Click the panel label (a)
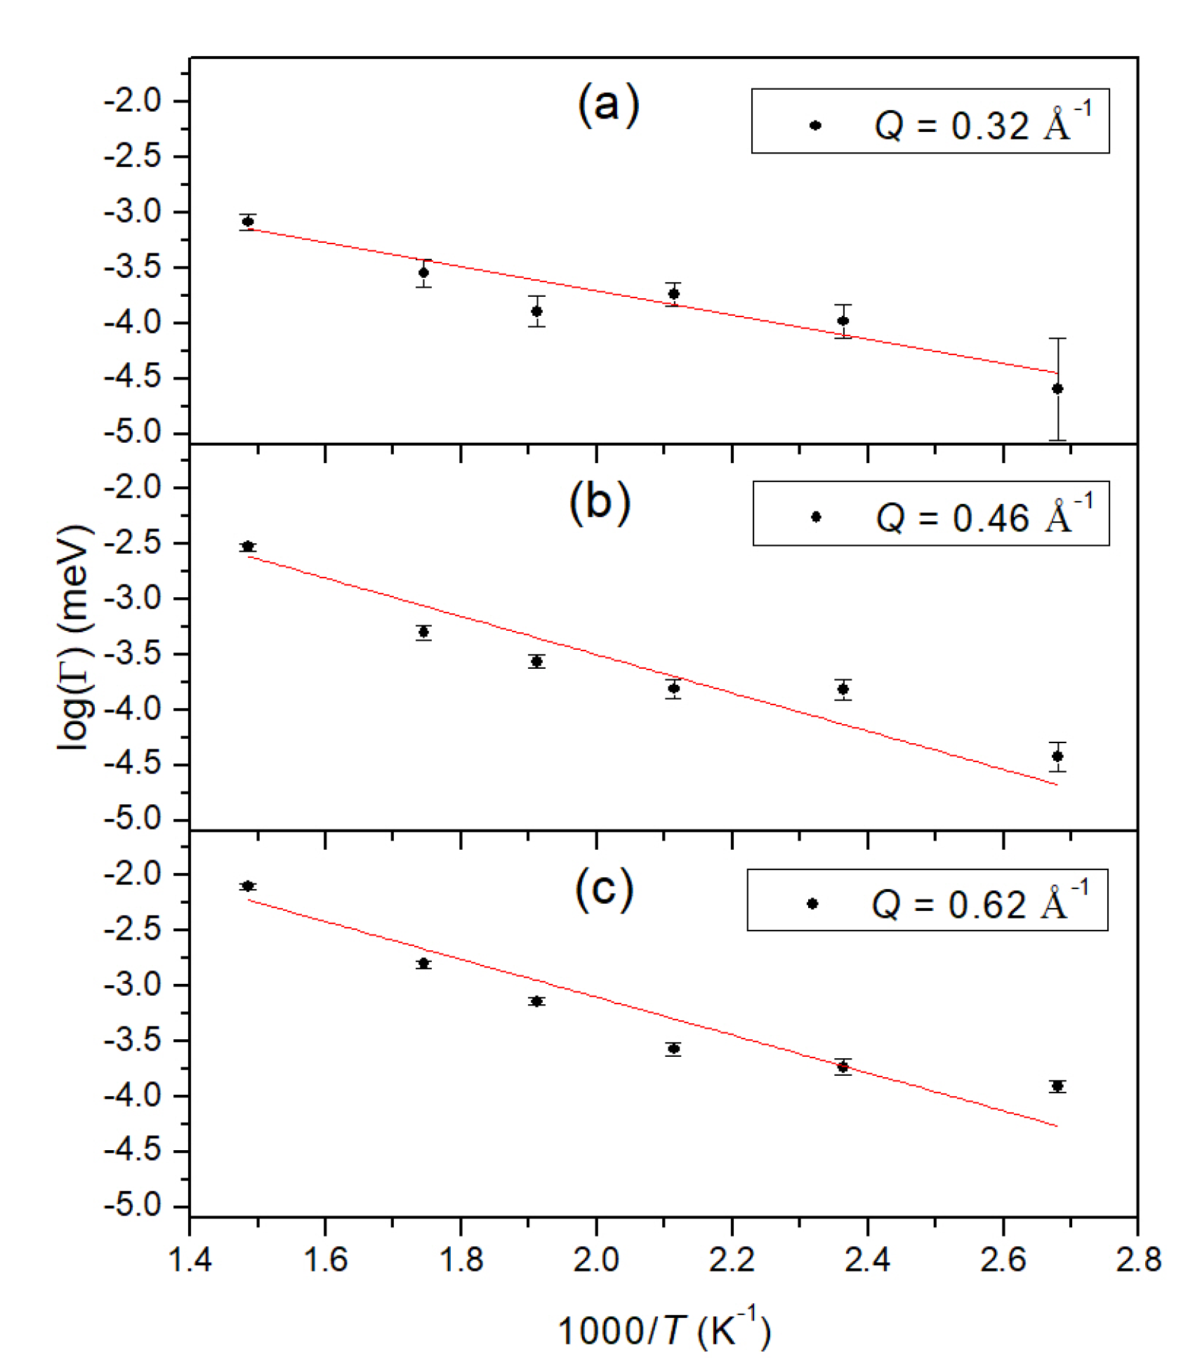click(608, 105)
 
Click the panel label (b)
click(600, 502)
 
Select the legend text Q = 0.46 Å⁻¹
click(984, 516)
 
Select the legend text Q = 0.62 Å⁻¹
click(979, 903)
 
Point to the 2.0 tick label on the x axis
click(595, 1260)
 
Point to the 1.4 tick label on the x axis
click(190, 1260)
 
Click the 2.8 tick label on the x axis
click(1137, 1260)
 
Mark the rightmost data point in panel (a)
click(1057, 389)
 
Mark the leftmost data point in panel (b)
click(248, 547)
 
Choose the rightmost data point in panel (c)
click(1057, 1086)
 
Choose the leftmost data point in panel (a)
click(248, 222)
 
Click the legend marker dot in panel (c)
click(812, 904)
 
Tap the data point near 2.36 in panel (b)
click(843, 689)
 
